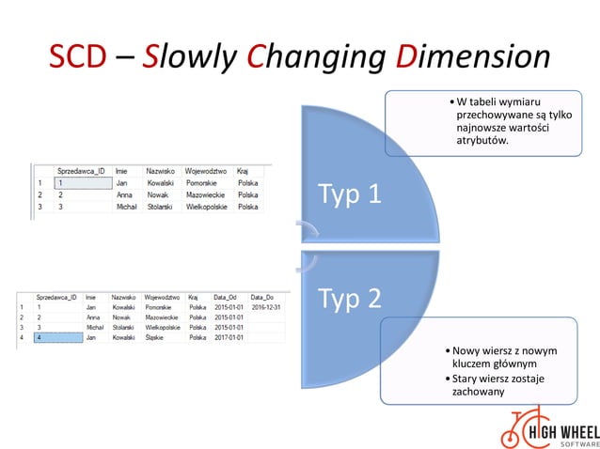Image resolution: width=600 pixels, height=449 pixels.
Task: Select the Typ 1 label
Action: [350, 194]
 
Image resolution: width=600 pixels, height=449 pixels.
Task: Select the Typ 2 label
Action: [350, 298]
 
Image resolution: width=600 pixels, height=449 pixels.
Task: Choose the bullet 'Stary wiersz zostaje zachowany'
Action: [497, 384]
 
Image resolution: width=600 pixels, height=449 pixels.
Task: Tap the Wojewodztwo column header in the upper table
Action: [207, 171]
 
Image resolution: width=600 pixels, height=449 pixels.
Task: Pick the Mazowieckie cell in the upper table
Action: [207, 194]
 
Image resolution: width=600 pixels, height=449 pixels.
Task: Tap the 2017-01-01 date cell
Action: [228, 337]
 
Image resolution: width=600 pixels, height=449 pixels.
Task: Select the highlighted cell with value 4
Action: [55, 337]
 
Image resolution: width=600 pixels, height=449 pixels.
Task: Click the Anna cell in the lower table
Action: [92, 317]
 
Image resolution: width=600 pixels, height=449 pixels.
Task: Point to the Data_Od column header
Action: [227, 297]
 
